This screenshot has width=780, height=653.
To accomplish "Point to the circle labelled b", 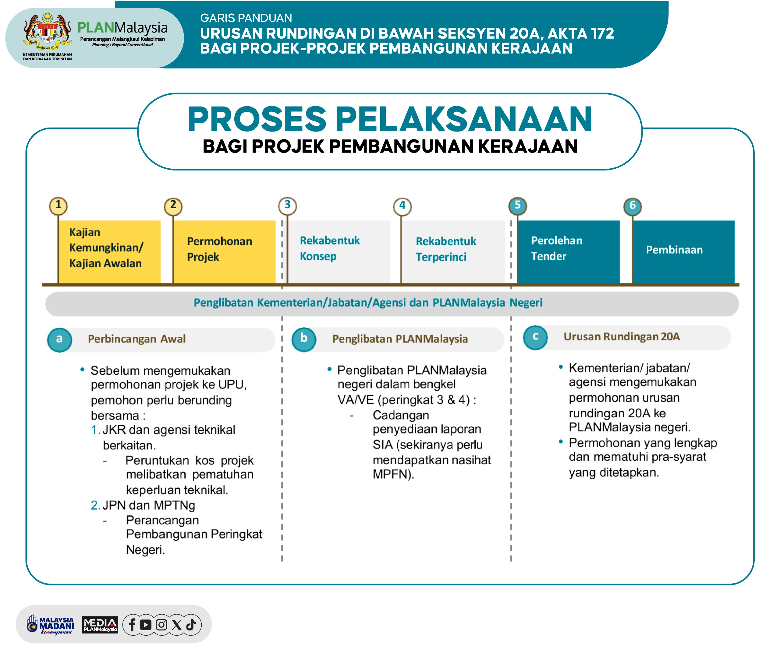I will tap(304, 339).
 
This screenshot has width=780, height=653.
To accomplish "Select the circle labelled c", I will tap(535, 337).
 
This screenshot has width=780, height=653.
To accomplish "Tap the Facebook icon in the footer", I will tap(132, 625).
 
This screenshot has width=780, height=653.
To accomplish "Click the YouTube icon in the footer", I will tap(146, 625).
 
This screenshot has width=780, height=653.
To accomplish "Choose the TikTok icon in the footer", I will tap(191, 625).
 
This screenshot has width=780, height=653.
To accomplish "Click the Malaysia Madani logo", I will tap(50, 625).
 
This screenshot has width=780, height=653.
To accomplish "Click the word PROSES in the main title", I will tap(257, 119).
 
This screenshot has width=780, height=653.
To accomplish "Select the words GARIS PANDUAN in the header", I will tap(246, 18).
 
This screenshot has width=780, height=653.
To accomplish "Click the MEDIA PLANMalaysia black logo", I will tap(100, 625).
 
